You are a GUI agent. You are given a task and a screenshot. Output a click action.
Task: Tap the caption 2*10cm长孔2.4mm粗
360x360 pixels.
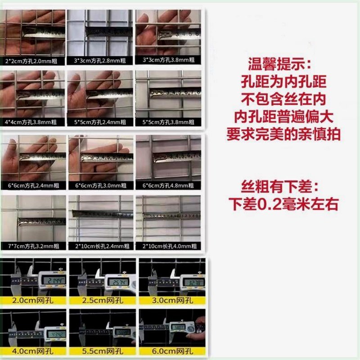pyautogui.click(x=100, y=246)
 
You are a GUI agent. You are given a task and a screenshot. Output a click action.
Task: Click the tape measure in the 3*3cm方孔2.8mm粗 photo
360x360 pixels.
pyautogui.click(x=108, y=31)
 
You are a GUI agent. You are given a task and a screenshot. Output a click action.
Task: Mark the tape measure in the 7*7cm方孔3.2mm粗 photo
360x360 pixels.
pyautogui.click(x=40, y=221)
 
